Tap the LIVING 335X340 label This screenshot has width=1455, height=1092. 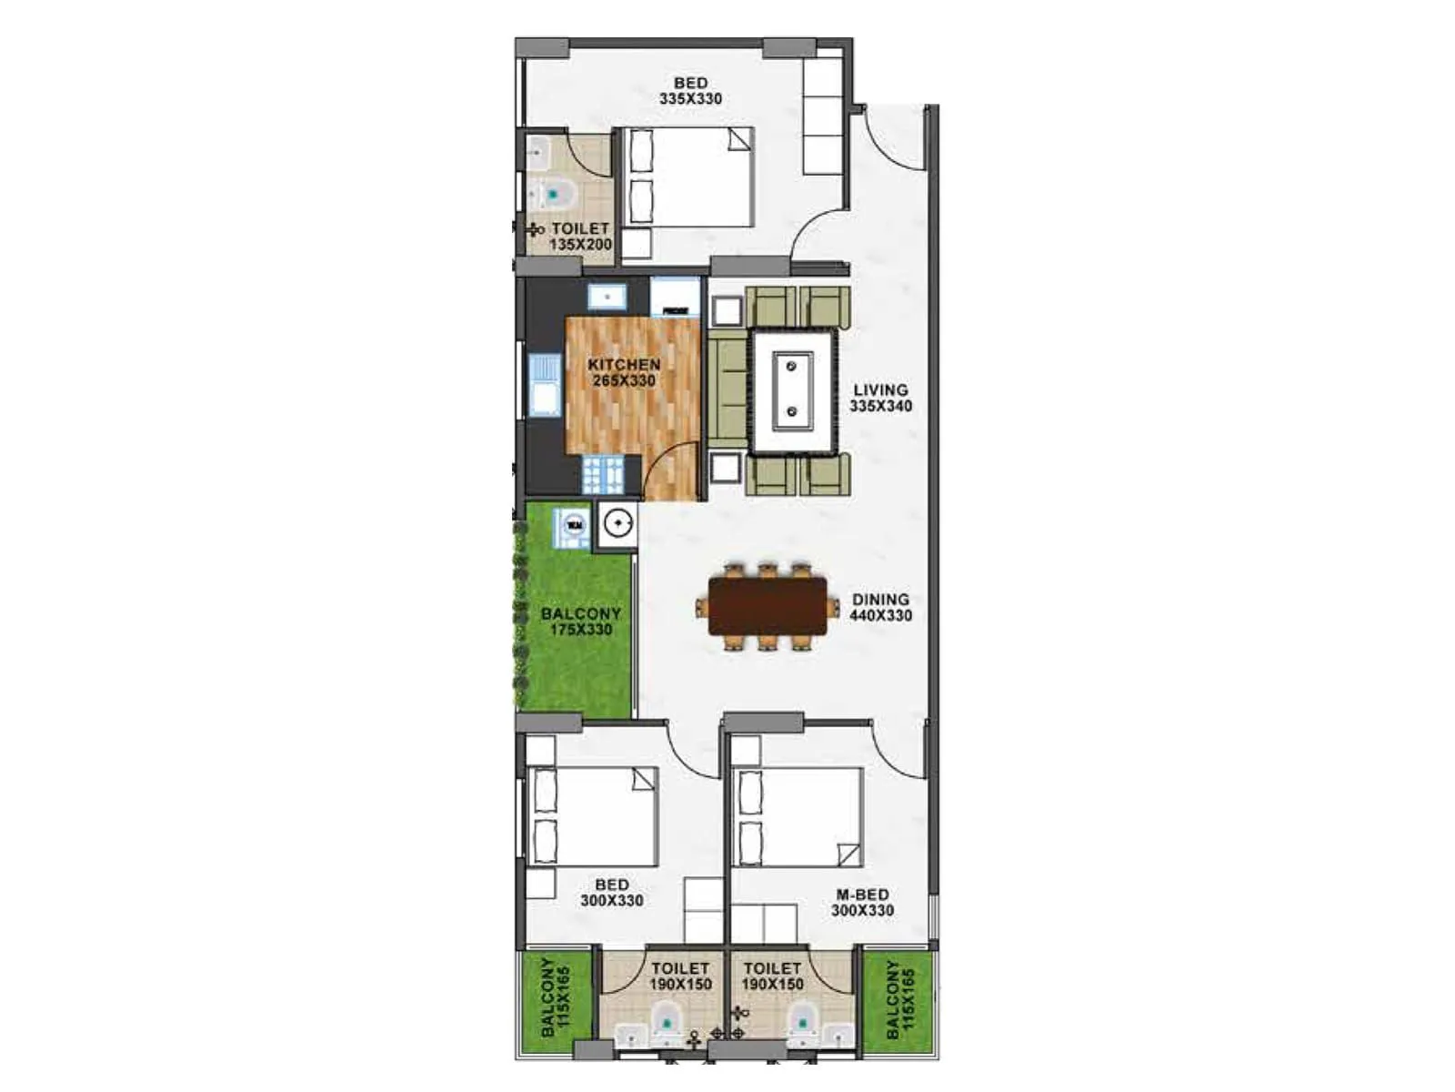point(880,398)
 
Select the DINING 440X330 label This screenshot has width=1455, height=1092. point(880,607)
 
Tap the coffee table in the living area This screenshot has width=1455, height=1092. point(792,392)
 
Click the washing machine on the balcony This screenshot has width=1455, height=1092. point(574,525)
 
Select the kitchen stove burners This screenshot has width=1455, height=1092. point(602,474)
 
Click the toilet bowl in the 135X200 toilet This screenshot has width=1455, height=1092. point(554,194)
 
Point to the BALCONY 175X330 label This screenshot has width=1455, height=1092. point(581,622)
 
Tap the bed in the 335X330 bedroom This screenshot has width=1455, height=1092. point(691,177)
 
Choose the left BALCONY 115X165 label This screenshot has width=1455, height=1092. point(555,997)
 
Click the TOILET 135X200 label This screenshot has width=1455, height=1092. point(580,237)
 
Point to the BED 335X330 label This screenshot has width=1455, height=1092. point(690,91)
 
